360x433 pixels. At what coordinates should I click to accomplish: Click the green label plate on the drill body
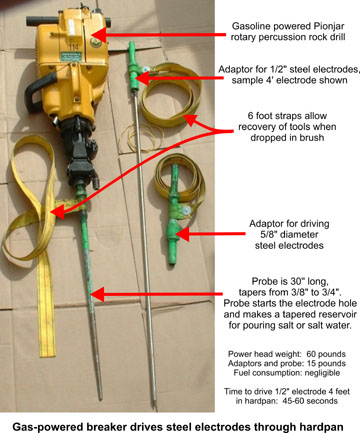(x=71, y=55)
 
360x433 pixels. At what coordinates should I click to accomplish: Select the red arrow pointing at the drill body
(x=158, y=34)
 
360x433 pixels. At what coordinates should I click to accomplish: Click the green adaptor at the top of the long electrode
(x=134, y=67)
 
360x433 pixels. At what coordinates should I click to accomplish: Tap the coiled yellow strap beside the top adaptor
(x=171, y=95)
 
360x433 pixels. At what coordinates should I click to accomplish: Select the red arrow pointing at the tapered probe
(x=156, y=294)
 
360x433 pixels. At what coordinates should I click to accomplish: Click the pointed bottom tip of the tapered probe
(x=100, y=398)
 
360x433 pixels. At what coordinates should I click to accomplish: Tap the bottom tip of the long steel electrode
(x=154, y=406)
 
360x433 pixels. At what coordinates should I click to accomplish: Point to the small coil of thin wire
(x=141, y=137)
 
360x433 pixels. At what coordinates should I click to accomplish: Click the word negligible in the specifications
(x=322, y=373)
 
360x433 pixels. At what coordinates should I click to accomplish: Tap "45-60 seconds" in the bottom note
(x=310, y=401)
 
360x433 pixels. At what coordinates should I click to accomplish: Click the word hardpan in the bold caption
(x=320, y=427)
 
